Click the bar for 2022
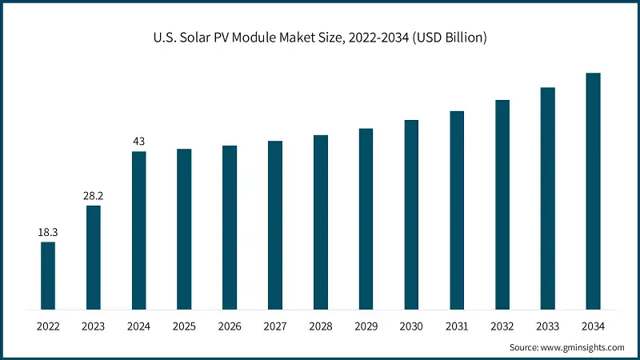tap(48, 275)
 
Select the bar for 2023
tap(94, 257)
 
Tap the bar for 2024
tap(138, 230)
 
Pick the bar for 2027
tap(275, 225)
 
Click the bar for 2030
tap(411, 214)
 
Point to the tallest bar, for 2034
tap(593, 191)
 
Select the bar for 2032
tap(502, 204)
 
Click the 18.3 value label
tap(48, 232)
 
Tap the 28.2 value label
tap(94, 195)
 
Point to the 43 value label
tap(138, 142)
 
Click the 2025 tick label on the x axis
tap(184, 326)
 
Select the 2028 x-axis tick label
tap(320, 326)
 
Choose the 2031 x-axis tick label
tap(457, 326)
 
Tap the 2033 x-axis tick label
tap(547, 326)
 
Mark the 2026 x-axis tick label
tap(230, 326)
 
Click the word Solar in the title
tap(206, 38)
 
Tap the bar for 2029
tap(366, 218)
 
